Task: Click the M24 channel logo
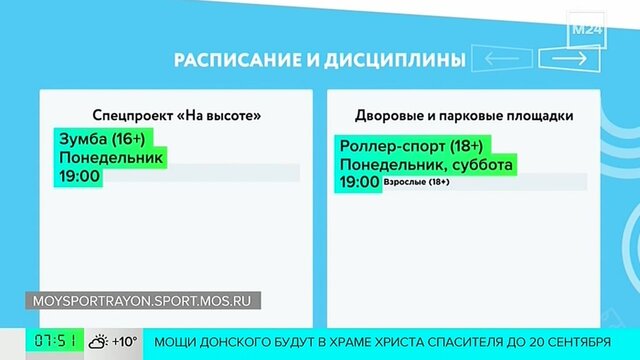point(587,30)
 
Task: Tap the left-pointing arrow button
point(502,59)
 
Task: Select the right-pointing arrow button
point(569,59)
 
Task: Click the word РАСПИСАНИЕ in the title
point(237,60)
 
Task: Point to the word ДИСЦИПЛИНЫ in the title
point(395,60)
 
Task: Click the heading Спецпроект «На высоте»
point(177,116)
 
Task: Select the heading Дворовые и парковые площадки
point(464,116)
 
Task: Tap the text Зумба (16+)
point(102,139)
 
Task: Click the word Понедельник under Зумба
point(111,158)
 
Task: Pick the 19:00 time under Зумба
point(80,176)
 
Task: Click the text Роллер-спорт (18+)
point(411,146)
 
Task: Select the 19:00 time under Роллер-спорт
point(360,182)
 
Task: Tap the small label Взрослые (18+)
point(417,182)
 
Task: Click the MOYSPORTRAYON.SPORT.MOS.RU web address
point(142,301)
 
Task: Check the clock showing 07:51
point(55,341)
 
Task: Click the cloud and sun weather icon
point(98,342)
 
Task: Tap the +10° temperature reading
point(125,341)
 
